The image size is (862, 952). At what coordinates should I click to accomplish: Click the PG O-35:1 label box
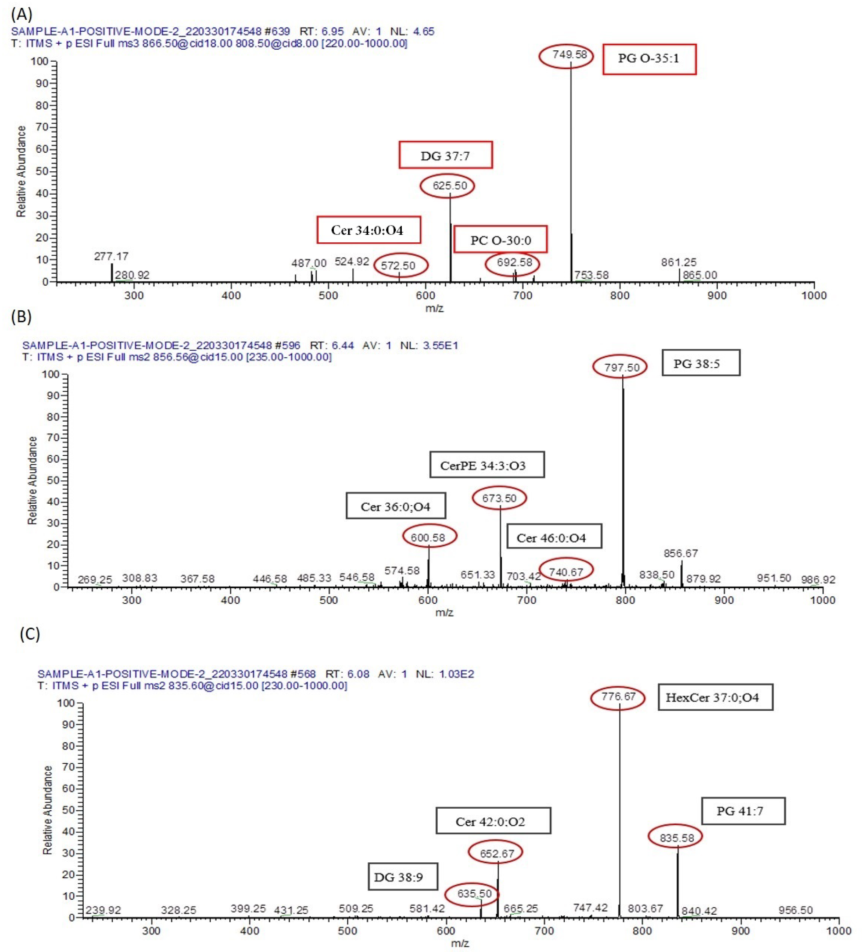click(x=649, y=59)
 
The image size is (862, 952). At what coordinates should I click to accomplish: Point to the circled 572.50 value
click(x=401, y=265)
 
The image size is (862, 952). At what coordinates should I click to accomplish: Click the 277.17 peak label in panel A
click(x=111, y=256)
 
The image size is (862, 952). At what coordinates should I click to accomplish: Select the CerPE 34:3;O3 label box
click(x=487, y=465)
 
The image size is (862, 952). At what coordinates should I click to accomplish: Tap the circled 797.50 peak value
click(x=619, y=367)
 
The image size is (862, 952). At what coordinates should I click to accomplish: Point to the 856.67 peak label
click(x=680, y=553)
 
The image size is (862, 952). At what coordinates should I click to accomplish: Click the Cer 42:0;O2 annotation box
click(x=493, y=822)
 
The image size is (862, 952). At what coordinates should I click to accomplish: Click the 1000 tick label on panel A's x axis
click(x=814, y=296)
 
